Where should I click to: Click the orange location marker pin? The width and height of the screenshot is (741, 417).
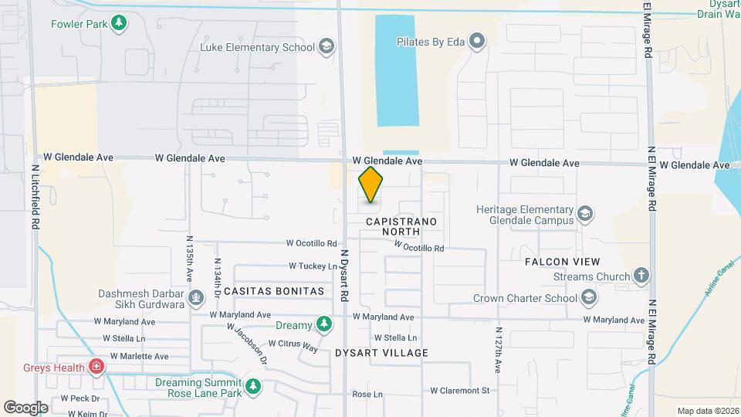[370, 185]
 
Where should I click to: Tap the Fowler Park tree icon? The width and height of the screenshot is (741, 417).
[118, 22]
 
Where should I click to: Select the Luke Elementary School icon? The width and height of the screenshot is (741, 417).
[327, 48]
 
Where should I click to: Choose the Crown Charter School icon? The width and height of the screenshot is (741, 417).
[589, 298]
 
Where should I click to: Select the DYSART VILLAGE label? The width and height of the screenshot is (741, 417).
[381, 353]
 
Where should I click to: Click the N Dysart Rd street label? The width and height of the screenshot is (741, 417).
[345, 275]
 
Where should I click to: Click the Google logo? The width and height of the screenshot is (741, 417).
[25, 407]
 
